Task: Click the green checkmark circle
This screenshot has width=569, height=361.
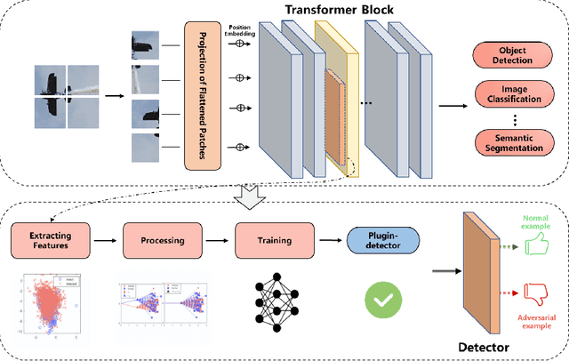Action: tap(381, 301)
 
